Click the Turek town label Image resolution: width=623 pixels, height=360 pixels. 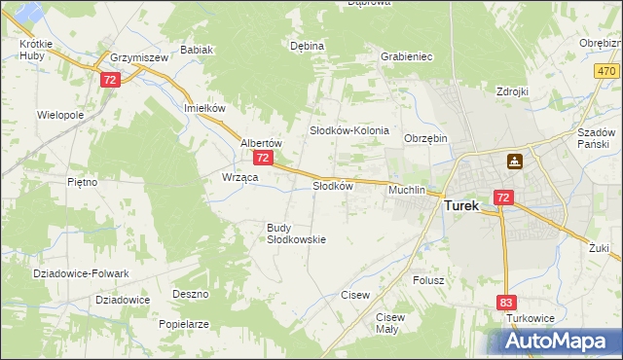point(468,206)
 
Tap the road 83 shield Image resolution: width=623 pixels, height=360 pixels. point(505,303)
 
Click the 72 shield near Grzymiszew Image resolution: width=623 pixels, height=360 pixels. point(109,80)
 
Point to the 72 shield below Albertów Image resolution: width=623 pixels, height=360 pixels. point(263,158)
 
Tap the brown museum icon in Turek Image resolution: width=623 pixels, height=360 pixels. point(513,161)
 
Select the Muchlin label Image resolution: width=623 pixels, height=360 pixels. point(407,190)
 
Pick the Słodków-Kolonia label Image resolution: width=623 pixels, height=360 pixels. point(349,130)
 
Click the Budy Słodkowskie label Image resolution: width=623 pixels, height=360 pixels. point(296,234)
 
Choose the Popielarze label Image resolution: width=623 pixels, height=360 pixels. point(184,324)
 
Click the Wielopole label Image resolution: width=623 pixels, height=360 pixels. point(60,115)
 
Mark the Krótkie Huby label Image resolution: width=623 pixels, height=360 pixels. point(36,51)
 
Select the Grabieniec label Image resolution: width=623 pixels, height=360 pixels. point(407,56)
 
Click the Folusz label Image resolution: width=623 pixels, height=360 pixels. point(428,280)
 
